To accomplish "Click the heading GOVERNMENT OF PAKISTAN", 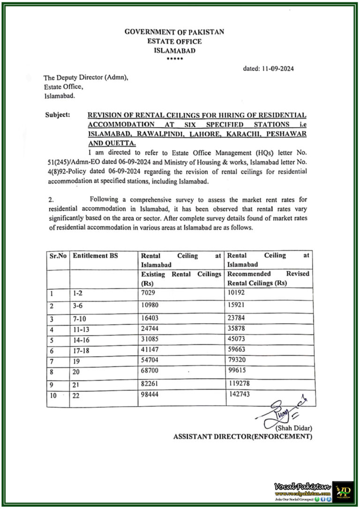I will [174, 32].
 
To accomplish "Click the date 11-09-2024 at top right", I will [269, 68].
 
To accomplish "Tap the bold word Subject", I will [58, 115].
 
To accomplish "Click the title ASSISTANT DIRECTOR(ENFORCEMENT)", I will [243, 437].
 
